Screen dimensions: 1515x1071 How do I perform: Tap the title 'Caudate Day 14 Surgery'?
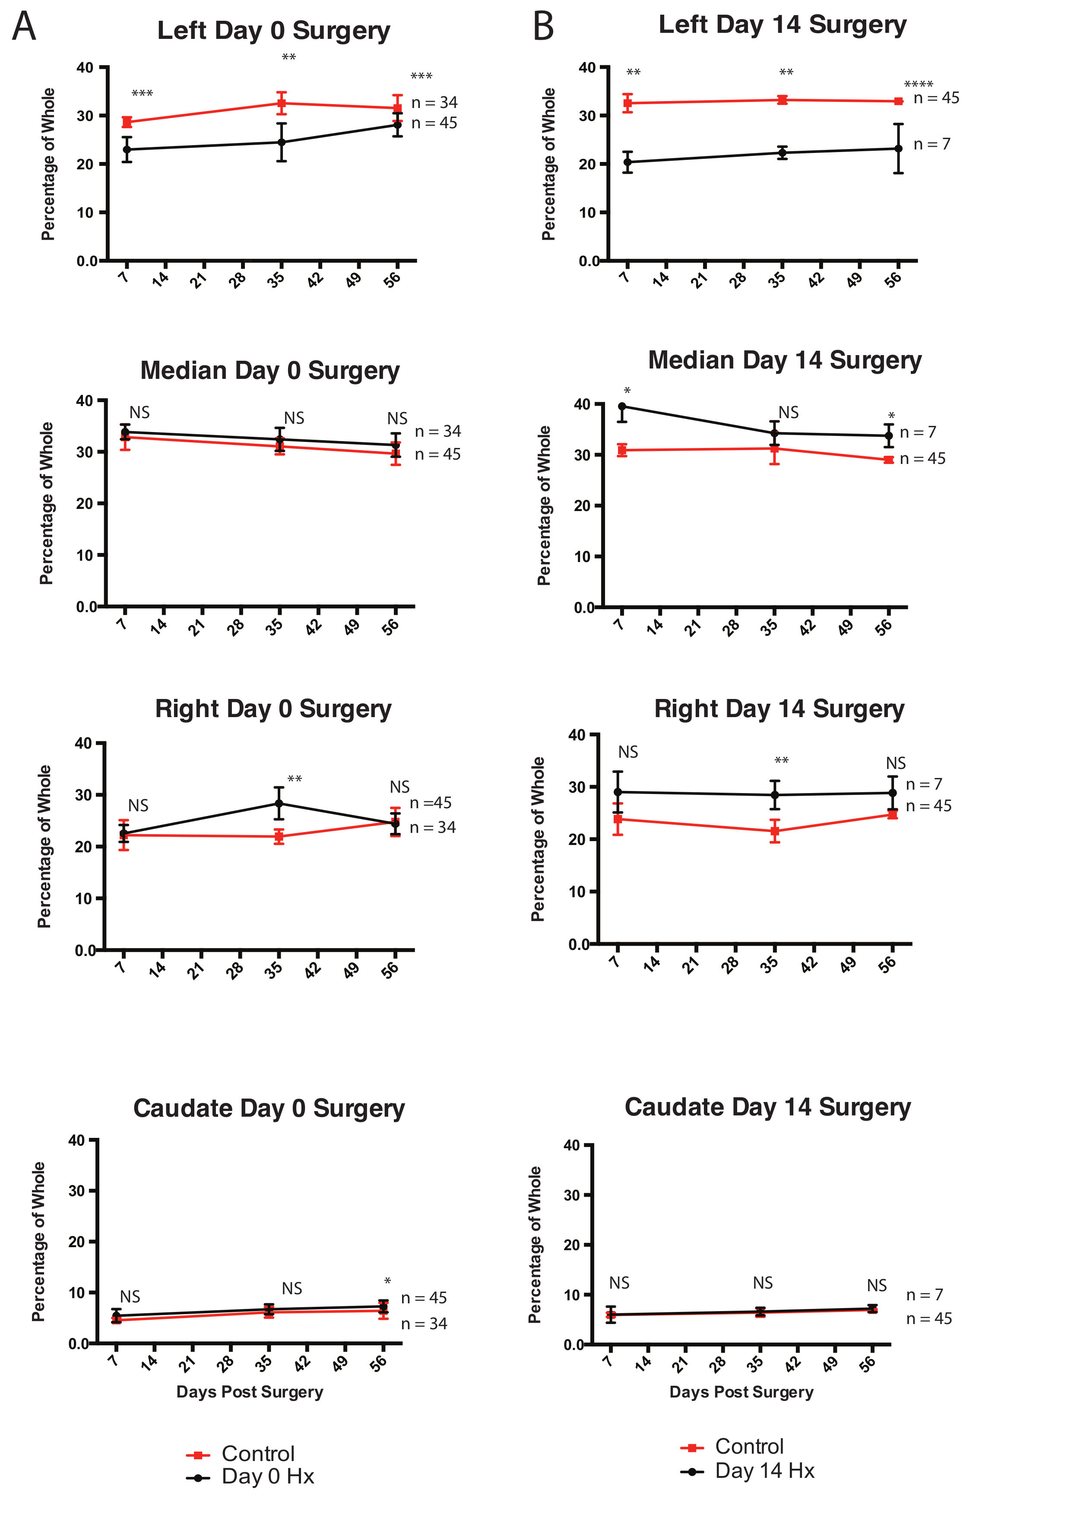tap(768, 1107)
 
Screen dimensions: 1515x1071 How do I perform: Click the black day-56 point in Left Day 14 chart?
tap(898, 149)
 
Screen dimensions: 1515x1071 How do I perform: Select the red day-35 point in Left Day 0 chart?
tap(282, 103)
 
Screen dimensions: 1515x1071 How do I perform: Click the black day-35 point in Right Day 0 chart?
tap(279, 803)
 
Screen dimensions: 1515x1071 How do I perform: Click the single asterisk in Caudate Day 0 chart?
tap(387, 1281)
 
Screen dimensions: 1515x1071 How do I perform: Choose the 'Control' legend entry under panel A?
tap(257, 1454)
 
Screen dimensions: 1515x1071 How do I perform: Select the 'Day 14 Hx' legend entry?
tap(764, 1471)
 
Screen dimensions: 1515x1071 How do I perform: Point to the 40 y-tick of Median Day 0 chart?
tap(84, 400)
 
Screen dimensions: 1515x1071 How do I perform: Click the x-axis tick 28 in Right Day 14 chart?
tap(730, 965)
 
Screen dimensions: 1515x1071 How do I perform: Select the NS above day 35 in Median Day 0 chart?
tap(294, 418)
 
